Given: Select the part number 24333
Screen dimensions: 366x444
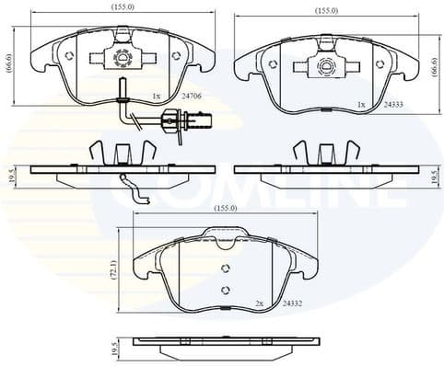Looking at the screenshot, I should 393,105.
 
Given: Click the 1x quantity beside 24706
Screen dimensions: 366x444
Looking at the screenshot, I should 157,95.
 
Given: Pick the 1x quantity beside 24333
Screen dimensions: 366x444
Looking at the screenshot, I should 362,105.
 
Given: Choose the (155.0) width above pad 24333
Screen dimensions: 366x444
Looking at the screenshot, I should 327,11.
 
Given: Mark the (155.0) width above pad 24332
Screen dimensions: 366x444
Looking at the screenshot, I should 225,209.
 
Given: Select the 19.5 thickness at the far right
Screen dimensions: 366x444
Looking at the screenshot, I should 436,175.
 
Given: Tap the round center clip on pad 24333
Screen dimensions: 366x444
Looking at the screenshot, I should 327,66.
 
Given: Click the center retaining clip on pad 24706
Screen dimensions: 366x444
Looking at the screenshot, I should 122,58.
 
